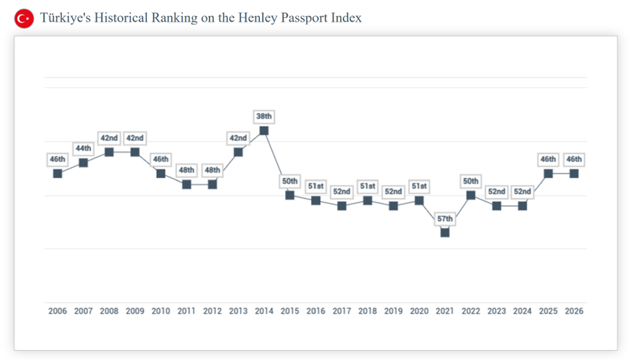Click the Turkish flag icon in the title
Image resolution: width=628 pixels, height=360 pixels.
[24, 19]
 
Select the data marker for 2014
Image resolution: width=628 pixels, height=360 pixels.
[264, 131]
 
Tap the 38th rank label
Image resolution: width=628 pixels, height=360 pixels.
[264, 117]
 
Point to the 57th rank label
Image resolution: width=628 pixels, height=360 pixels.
[445, 219]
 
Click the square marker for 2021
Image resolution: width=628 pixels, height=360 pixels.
[445, 232]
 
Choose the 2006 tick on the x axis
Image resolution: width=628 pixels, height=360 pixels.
[58, 311]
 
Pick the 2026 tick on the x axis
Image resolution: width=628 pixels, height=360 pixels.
[574, 311]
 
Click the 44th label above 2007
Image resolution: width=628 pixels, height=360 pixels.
[84, 149]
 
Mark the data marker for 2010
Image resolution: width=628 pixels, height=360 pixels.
[161, 173]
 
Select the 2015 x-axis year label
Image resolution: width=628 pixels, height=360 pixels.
[290, 311]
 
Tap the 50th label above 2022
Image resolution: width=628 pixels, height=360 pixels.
[471, 181]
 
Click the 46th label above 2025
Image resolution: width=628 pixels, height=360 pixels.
[548, 159]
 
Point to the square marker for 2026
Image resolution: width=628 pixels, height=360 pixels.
[574, 173]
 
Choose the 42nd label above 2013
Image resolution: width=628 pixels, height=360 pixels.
[238, 138]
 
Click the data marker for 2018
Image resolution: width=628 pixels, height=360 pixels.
[367, 201]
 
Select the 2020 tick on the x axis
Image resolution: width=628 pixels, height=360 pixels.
[419, 311]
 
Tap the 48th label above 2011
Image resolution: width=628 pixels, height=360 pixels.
[187, 170]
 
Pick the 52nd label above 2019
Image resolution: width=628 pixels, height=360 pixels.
[393, 192]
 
